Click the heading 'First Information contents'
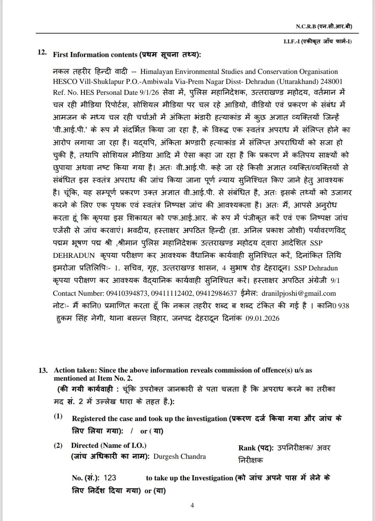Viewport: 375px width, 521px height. pyautogui.click(x=95, y=55)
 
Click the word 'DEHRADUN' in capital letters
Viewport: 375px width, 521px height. pyautogui.click(x=74, y=255)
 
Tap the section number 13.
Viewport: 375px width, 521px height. pyautogui.click(x=43, y=370)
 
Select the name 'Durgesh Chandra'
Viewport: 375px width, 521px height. pyautogui.click(x=180, y=457)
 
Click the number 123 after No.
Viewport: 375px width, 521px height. pyautogui.click(x=110, y=478)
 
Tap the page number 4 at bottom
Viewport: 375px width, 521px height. pyautogui.click(x=192, y=505)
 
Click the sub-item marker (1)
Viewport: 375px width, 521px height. pyautogui.click(x=58, y=416)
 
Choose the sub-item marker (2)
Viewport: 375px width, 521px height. pyautogui.click(x=58, y=446)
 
